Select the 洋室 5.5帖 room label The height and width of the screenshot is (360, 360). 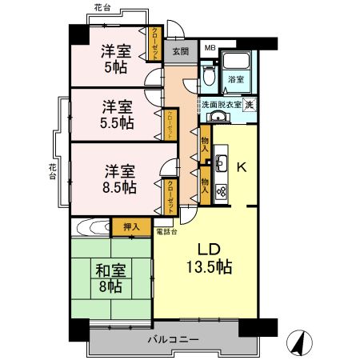point(117,114)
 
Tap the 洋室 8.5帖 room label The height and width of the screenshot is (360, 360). point(118,179)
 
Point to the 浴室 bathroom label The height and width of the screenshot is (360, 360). point(235,80)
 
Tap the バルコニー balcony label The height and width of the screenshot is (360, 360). point(172,340)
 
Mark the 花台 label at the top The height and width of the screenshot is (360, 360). point(102,7)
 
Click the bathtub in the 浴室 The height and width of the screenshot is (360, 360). point(236,62)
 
